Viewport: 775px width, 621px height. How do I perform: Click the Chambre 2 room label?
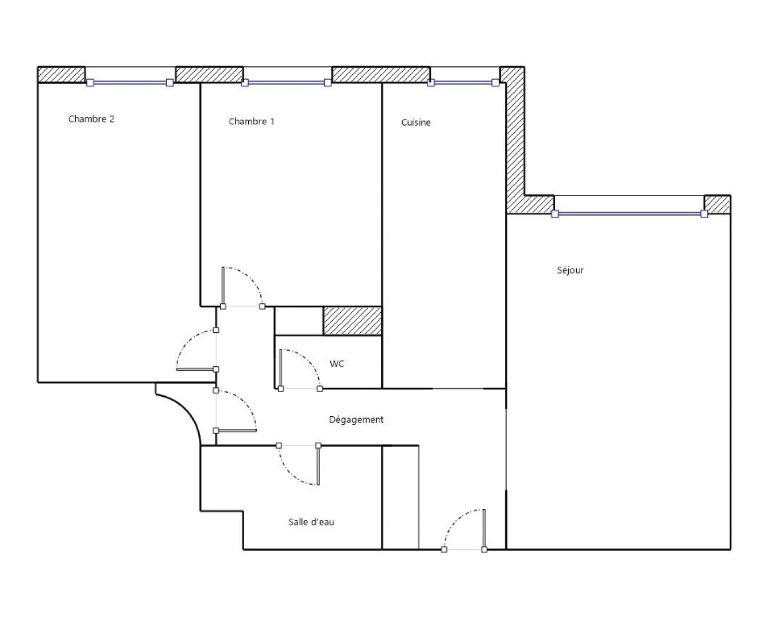point(91,119)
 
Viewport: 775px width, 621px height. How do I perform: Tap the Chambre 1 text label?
point(252,121)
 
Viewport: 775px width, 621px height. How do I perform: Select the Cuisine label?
point(415,122)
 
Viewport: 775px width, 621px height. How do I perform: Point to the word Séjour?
point(570,270)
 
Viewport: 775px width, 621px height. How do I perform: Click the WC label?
point(337,363)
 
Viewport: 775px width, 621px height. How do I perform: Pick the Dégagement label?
point(356,420)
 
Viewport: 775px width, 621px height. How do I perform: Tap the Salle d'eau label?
point(311,522)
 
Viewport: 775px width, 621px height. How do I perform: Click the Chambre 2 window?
point(130,83)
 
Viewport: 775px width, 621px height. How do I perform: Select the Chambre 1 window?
point(286,83)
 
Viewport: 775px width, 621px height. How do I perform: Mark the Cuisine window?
point(463,83)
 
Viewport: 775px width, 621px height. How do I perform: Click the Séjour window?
point(630,214)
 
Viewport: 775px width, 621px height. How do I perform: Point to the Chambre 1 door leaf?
point(223,287)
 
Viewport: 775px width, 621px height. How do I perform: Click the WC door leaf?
point(280,369)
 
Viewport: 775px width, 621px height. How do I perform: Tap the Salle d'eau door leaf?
point(318,465)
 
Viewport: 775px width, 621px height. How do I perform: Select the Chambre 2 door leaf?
point(196,369)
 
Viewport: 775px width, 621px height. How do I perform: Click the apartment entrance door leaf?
point(484,530)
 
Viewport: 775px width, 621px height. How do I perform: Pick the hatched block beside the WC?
point(353,321)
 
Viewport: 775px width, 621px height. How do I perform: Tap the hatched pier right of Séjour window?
point(718,204)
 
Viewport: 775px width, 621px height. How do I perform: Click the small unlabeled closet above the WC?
point(299,321)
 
